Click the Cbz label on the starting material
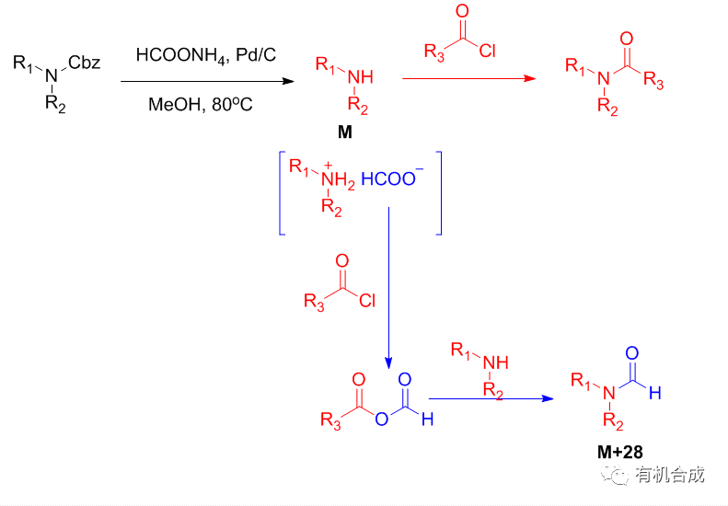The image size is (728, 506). (x=85, y=63)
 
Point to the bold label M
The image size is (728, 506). (x=344, y=132)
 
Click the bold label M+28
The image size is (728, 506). (x=618, y=452)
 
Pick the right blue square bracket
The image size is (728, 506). (x=439, y=190)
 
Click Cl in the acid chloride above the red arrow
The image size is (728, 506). (x=487, y=52)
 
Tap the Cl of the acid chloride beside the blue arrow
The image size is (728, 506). (x=367, y=300)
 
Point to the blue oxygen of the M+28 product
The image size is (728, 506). (x=632, y=353)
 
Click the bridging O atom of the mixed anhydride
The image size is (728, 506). (x=380, y=420)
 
